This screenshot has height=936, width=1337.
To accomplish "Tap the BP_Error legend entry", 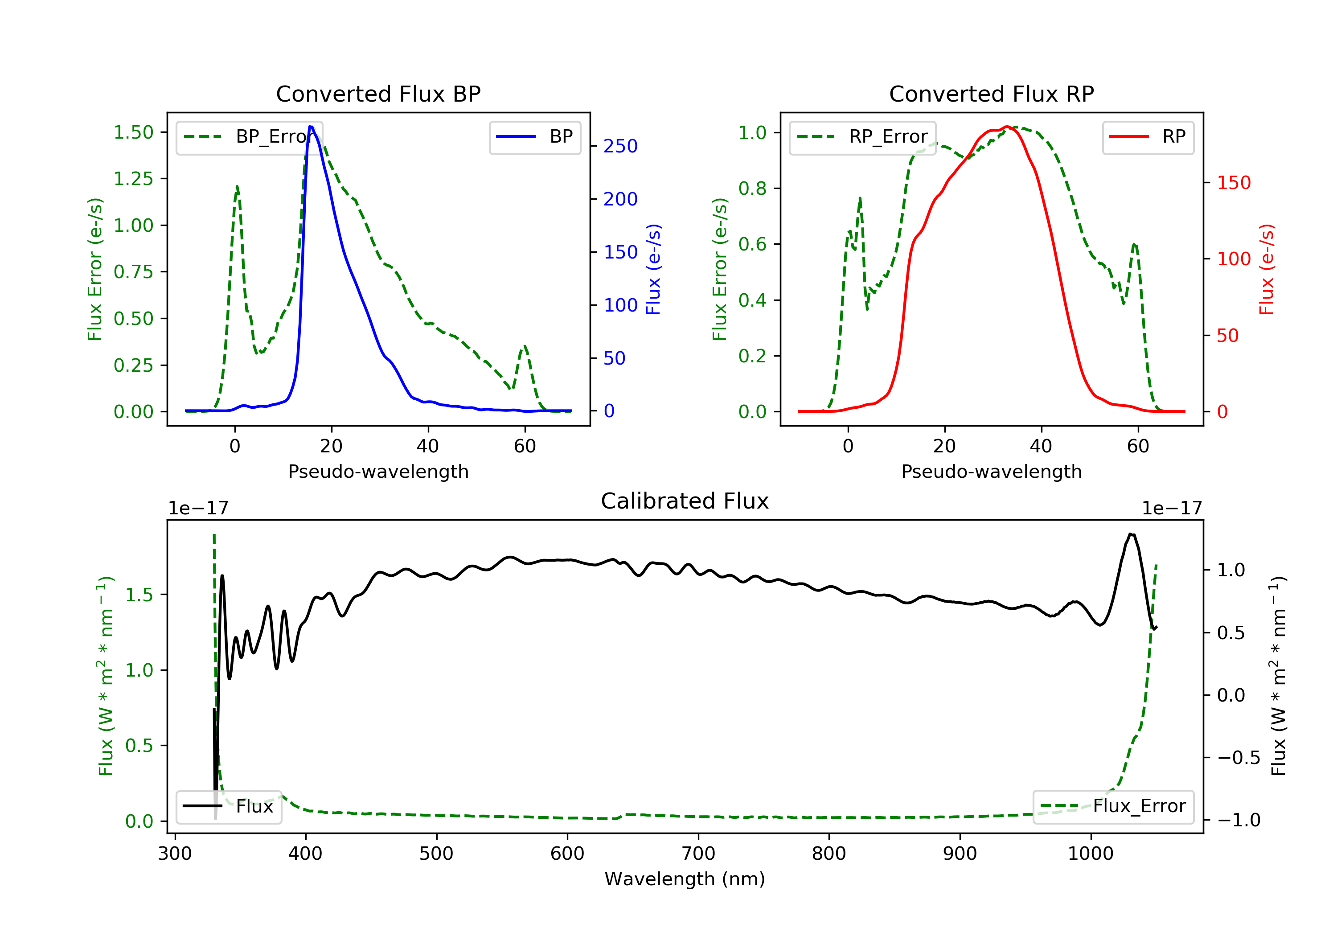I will point(249,137).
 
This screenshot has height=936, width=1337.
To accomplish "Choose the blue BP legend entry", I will point(534,137).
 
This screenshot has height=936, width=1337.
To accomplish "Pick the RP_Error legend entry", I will point(862,137).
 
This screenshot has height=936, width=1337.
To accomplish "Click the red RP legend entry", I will point(1147,137).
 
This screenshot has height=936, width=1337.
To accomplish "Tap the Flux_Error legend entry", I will point(1113,807).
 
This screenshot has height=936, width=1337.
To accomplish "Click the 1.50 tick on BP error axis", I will point(133,133).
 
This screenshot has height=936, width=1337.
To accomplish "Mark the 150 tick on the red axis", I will point(1233,183).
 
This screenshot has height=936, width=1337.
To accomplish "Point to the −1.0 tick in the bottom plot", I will point(1238,821).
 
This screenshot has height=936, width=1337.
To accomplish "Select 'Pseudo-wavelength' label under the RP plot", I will point(991,472).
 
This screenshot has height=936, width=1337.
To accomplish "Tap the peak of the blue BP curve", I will point(311,127).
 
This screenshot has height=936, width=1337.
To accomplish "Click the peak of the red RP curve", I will point(1007,127).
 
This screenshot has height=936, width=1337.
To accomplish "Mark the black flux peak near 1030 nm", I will point(1131,534).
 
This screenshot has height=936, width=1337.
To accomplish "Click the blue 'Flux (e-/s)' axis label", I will point(653,270).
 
